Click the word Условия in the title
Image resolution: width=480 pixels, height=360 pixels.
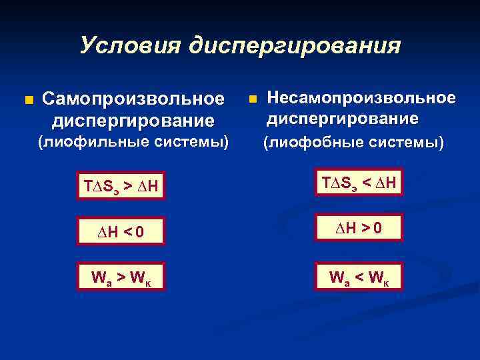(131, 45)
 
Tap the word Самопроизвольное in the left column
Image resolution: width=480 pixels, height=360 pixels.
(133, 99)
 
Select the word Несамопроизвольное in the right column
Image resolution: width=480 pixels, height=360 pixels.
(361, 98)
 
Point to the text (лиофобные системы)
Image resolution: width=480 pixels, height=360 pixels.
(353, 142)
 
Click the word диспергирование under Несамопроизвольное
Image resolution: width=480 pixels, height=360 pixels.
(343, 119)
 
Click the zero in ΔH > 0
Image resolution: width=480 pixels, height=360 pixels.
(378, 229)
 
